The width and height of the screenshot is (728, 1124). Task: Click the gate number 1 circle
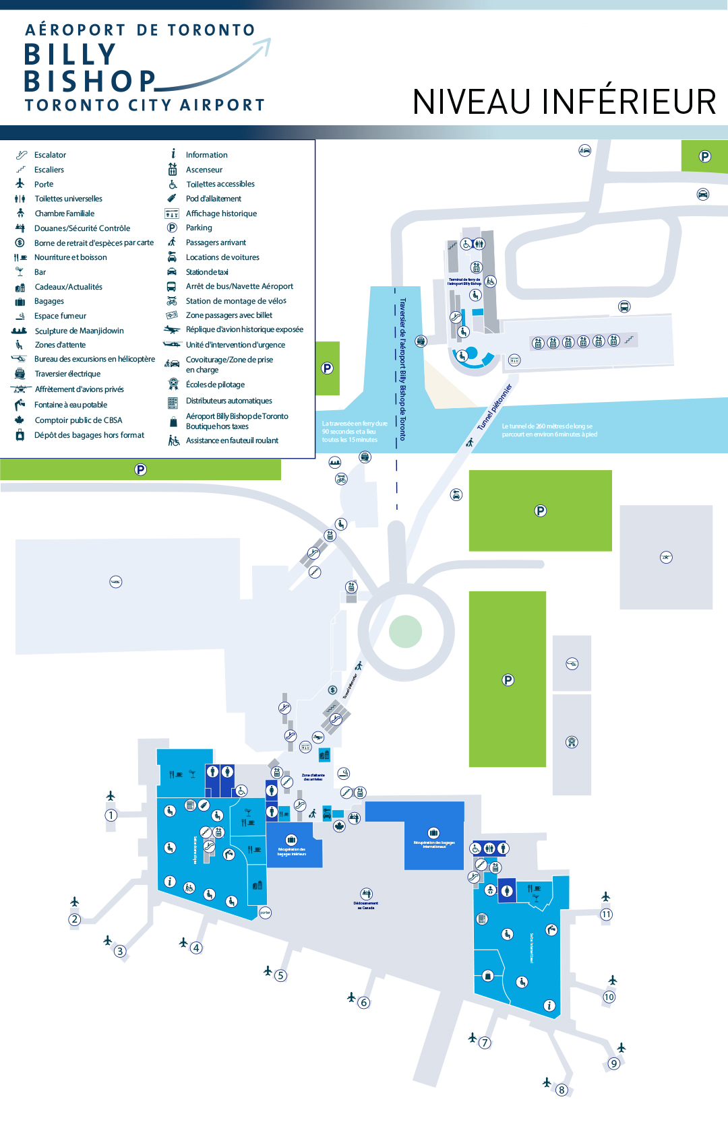click(111, 815)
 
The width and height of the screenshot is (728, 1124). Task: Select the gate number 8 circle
click(562, 1090)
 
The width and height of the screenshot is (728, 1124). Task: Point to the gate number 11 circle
click(607, 914)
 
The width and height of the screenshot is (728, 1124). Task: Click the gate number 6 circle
click(364, 1002)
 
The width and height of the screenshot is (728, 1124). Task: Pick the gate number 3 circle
click(120, 951)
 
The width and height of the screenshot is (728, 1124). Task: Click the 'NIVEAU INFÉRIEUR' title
click(564, 102)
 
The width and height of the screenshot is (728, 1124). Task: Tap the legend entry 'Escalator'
click(50, 155)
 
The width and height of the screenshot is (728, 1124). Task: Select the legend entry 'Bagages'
click(49, 301)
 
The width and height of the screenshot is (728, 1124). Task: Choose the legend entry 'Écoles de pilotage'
click(215, 385)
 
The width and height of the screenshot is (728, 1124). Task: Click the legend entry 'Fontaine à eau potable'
click(71, 405)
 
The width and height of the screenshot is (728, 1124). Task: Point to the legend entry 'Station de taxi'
click(207, 272)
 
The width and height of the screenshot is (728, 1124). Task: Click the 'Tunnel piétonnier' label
click(495, 407)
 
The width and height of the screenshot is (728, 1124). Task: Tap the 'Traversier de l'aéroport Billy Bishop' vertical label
click(403, 369)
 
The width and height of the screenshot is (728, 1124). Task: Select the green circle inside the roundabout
click(405, 632)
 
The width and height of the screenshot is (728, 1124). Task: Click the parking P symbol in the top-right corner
click(705, 156)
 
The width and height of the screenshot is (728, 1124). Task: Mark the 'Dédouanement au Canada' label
click(366, 905)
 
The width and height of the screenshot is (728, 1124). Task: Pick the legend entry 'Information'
click(206, 155)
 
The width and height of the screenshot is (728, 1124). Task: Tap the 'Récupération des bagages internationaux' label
click(434, 844)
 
